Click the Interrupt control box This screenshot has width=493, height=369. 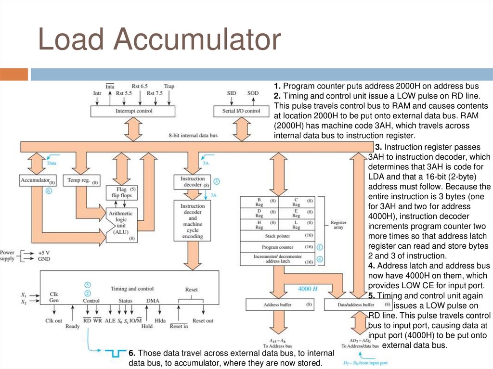pyautogui.click(x=133, y=111)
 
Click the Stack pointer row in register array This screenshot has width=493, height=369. pyautogui.click(x=277, y=236)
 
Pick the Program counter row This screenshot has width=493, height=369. pyautogui.click(x=277, y=247)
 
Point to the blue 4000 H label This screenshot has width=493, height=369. pyautogui.click(x=309, y=289)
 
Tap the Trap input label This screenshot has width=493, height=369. pyautogui.click(x=169, y=87)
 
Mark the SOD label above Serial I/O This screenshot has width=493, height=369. pyautogui.click(x=253, y=93)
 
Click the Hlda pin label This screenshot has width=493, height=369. pyautogui.click(x=160, y=320)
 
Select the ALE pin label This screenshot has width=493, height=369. pyautogui.click(x=110, y=320)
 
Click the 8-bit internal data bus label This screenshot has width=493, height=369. pyautogui.click(x=193, y=135)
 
